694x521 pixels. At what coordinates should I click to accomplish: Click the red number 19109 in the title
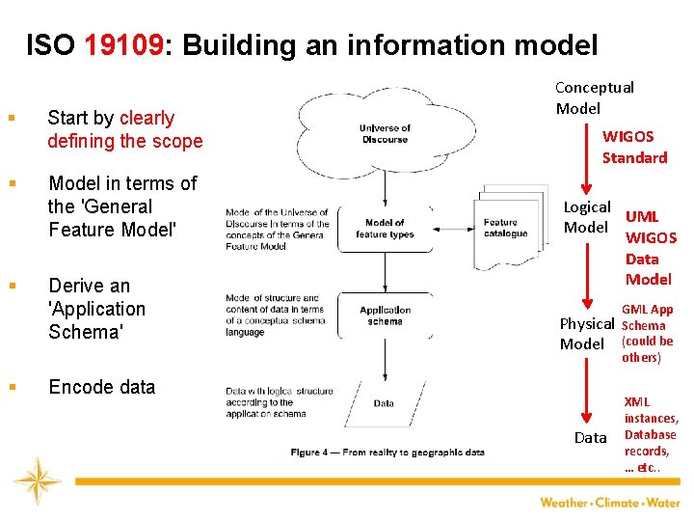(x=124, y=45)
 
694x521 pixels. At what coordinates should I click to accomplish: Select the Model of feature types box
(x=385, y=229)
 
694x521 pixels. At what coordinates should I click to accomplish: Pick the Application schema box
(x=385, y=315)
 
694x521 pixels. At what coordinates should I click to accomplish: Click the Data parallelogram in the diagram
(x=384, y=403)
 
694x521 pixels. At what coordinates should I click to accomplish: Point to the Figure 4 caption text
(x=387, y=452)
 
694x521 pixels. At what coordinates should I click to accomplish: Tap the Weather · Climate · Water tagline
(x=609, y=503)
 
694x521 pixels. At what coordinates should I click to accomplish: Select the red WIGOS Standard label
(x=634, y=147)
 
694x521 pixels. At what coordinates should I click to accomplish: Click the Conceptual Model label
(x=594, y=97)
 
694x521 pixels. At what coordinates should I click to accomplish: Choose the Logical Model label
(x=586, y=217)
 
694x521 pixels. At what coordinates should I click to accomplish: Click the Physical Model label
(x=586, y=334)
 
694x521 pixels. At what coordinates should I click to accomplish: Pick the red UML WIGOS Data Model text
(x=651, y=248)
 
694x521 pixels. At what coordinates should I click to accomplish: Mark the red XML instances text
(x=651, y=434)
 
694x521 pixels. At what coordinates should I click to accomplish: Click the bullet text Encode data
(x=101, y=387)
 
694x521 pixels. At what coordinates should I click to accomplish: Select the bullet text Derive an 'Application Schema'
(x=96, y=309)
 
